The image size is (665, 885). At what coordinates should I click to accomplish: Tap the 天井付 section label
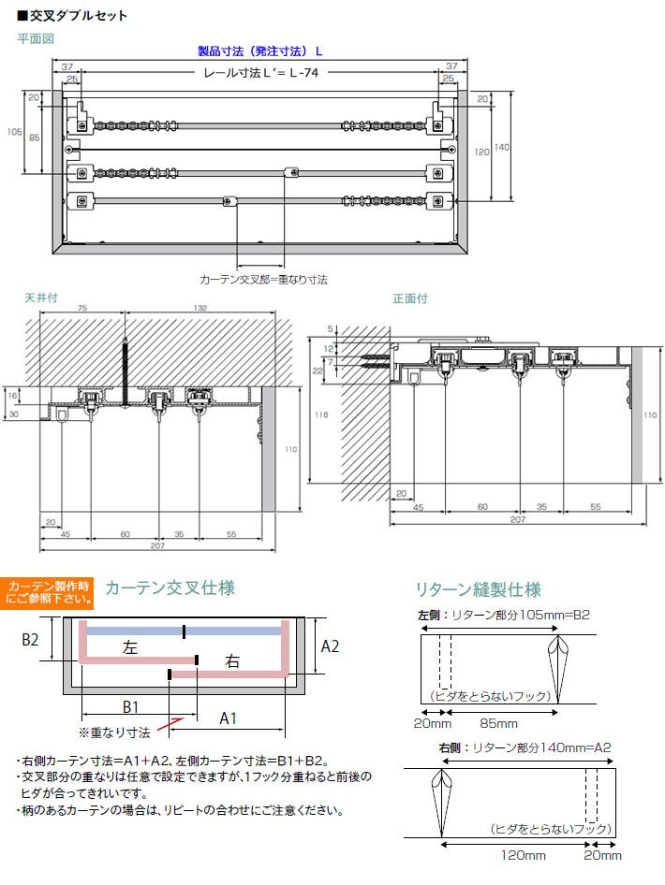[x=41, y=297]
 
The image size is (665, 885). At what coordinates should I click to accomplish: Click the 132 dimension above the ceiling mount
[x=199, y=308]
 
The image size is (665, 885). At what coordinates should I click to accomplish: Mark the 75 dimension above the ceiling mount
[x=81, y=308]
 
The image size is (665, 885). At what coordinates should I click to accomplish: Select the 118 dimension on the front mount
[x=321, y=414]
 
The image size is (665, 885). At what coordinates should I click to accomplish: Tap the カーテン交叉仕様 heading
[x=170, y=588]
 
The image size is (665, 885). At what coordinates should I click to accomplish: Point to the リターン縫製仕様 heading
[x=478, y=589]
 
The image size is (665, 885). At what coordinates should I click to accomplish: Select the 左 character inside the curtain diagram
[x=130, y=647]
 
